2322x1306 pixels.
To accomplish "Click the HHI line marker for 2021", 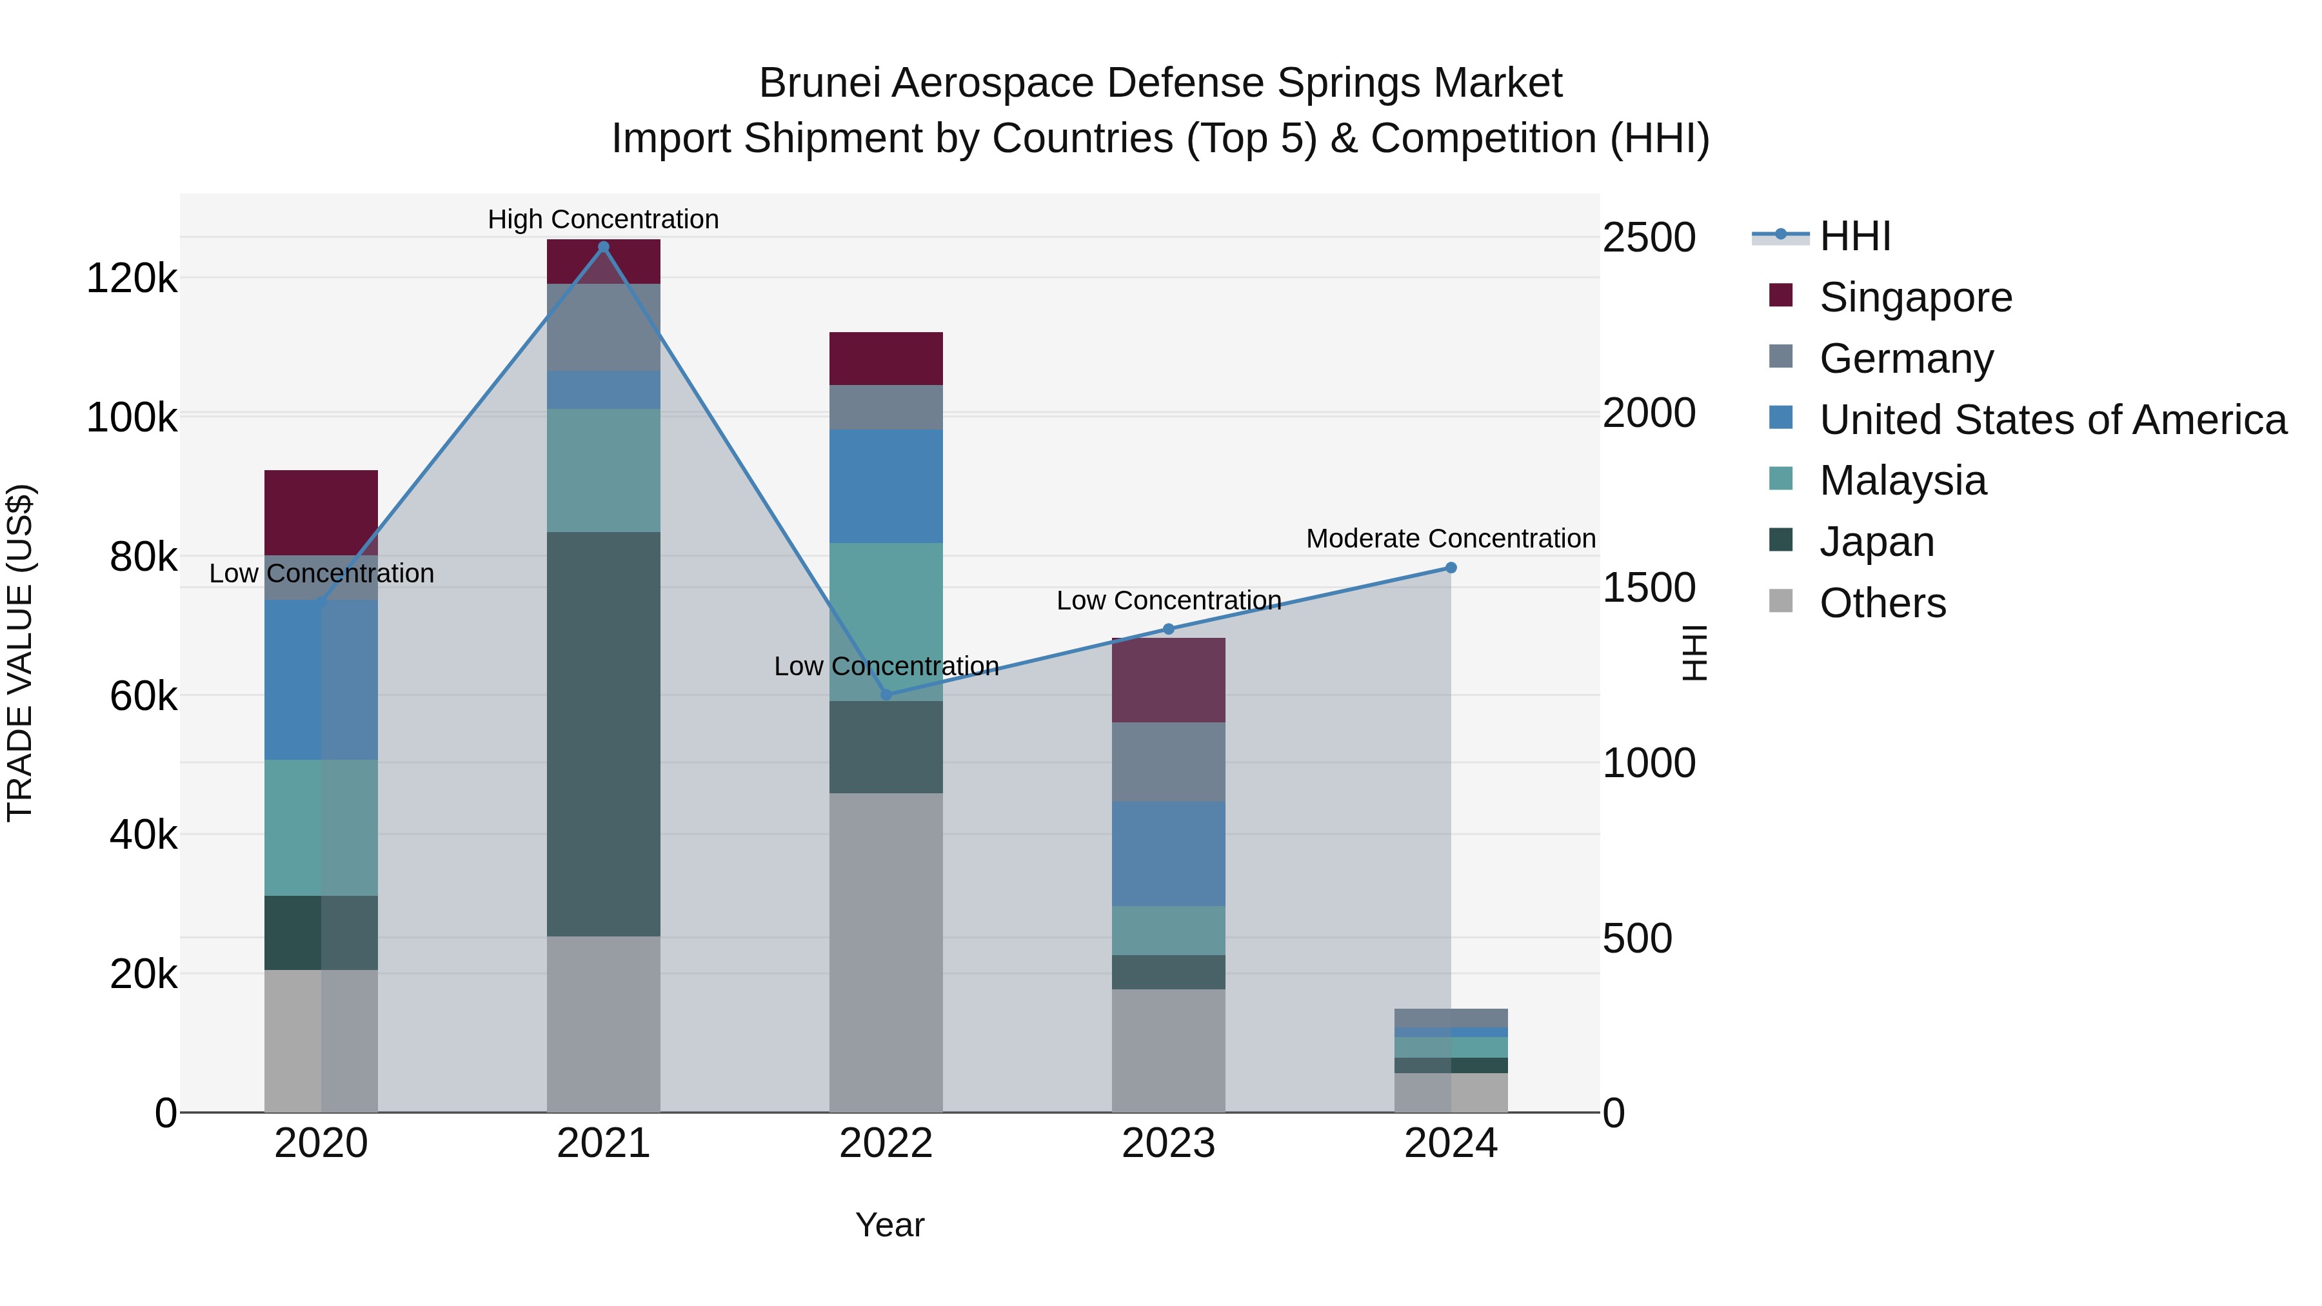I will click(603, 247).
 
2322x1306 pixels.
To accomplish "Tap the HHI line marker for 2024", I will click(1451, 568).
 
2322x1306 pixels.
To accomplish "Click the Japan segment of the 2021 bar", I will click(603, 734).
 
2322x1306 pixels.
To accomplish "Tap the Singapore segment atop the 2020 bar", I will click(321, 512).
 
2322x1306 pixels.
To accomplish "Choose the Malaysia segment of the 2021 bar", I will click(603, 471).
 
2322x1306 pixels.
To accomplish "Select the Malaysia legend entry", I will click(1902, 480).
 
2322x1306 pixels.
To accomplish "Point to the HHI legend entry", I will click(1854, 236).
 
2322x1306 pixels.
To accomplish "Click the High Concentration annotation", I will click(603, 219).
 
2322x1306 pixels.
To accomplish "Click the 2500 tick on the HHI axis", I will click(1649, 238).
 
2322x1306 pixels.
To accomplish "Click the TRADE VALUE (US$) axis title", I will click(20, 653).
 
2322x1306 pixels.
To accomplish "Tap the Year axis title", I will click(889, 1225).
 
